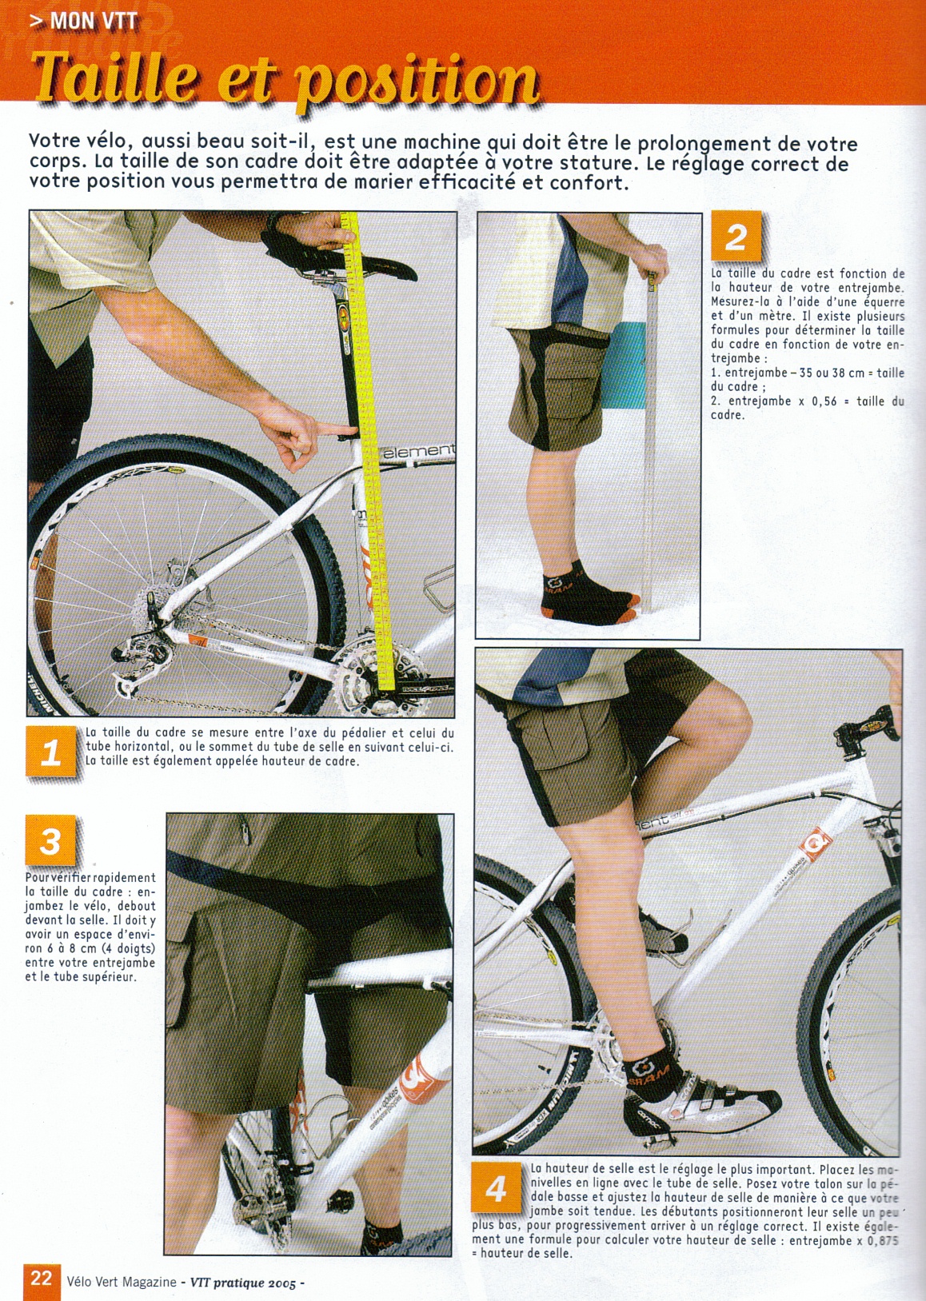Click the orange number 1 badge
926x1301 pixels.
click(52, 752)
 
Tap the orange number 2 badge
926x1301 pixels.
click(736, 237)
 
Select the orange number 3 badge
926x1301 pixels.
click(50, 840)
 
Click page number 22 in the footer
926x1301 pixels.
click(42, 1279)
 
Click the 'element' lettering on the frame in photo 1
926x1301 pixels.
click(418, 451)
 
